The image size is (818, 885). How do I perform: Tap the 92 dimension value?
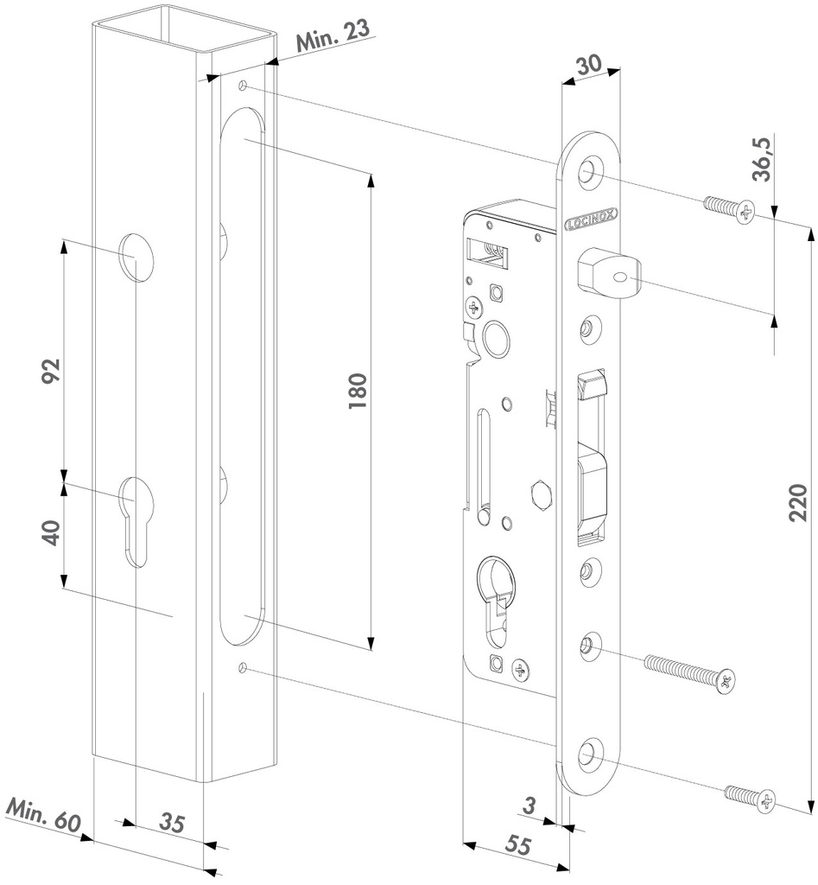click(51, 372)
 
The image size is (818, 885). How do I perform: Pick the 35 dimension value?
click(173, 824)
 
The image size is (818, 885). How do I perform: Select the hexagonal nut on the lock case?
click(541, 496)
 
